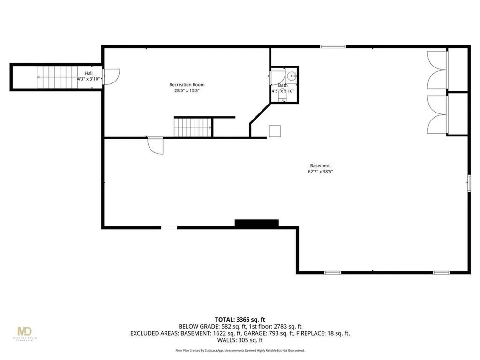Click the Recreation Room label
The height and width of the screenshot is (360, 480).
[x=187, y=85]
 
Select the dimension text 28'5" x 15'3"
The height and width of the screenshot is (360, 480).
[x=187, y=91]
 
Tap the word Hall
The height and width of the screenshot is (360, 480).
[x=89, y=74]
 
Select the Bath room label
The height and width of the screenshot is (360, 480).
[x=283, y=85]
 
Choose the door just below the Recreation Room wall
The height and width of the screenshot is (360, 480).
[x=155, y=145]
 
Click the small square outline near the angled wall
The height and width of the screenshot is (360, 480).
[x=275, y=131]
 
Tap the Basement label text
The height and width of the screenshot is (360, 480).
[x=321, y=165]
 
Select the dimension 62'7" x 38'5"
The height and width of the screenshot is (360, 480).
[x=321, y=172]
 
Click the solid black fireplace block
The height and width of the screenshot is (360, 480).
[x=256, y=224]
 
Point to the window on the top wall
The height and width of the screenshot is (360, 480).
[x=333, y=46]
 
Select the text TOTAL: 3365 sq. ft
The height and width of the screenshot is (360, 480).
[x=240, y=319]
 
